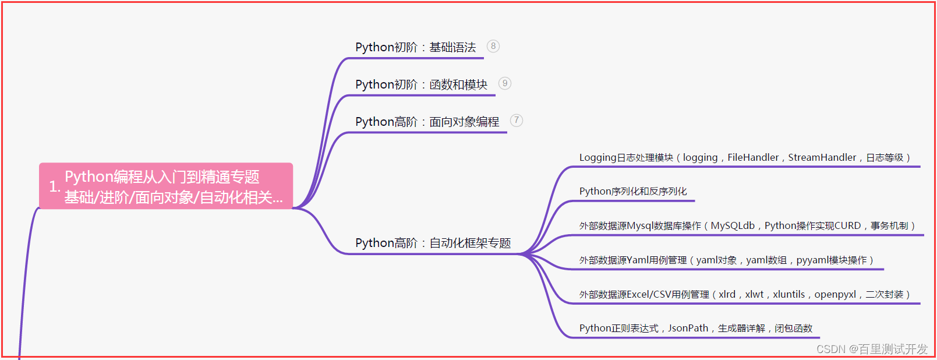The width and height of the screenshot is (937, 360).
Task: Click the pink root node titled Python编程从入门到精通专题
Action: [x=166, y=186]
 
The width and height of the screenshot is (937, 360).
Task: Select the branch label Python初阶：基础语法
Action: [x=415, y=47]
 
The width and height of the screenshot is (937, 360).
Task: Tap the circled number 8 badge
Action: [x=493, y=46]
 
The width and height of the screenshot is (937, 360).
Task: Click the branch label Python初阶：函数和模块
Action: [x=421, y=84]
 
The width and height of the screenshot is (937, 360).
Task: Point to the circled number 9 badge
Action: [x=505, y=83]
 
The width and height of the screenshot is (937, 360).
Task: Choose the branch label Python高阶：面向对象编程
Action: [x=427, y=122]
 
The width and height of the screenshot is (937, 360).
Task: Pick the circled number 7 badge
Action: [x=517, y=121]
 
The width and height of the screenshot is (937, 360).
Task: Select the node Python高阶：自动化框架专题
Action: [x=433, y=243]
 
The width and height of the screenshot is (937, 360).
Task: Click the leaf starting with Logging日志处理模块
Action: [x=744, y=157]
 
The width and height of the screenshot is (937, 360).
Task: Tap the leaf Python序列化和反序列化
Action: [x=633, y=191]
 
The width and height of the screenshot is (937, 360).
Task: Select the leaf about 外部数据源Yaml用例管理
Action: [x=726, y=260]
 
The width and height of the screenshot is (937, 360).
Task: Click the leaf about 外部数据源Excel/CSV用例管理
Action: [x=744, y=294]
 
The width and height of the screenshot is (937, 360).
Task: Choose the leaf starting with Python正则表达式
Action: [x=695, y=328]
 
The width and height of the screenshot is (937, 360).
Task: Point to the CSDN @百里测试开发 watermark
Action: [x=872, y=349]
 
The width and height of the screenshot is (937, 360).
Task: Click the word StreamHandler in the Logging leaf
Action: [x=822, y=157]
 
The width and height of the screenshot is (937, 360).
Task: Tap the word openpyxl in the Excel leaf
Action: [x=835, y=294]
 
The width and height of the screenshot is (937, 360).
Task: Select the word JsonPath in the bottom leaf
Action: [x=688, y=328]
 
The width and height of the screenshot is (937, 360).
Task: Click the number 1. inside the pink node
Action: [x=54, y=186]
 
